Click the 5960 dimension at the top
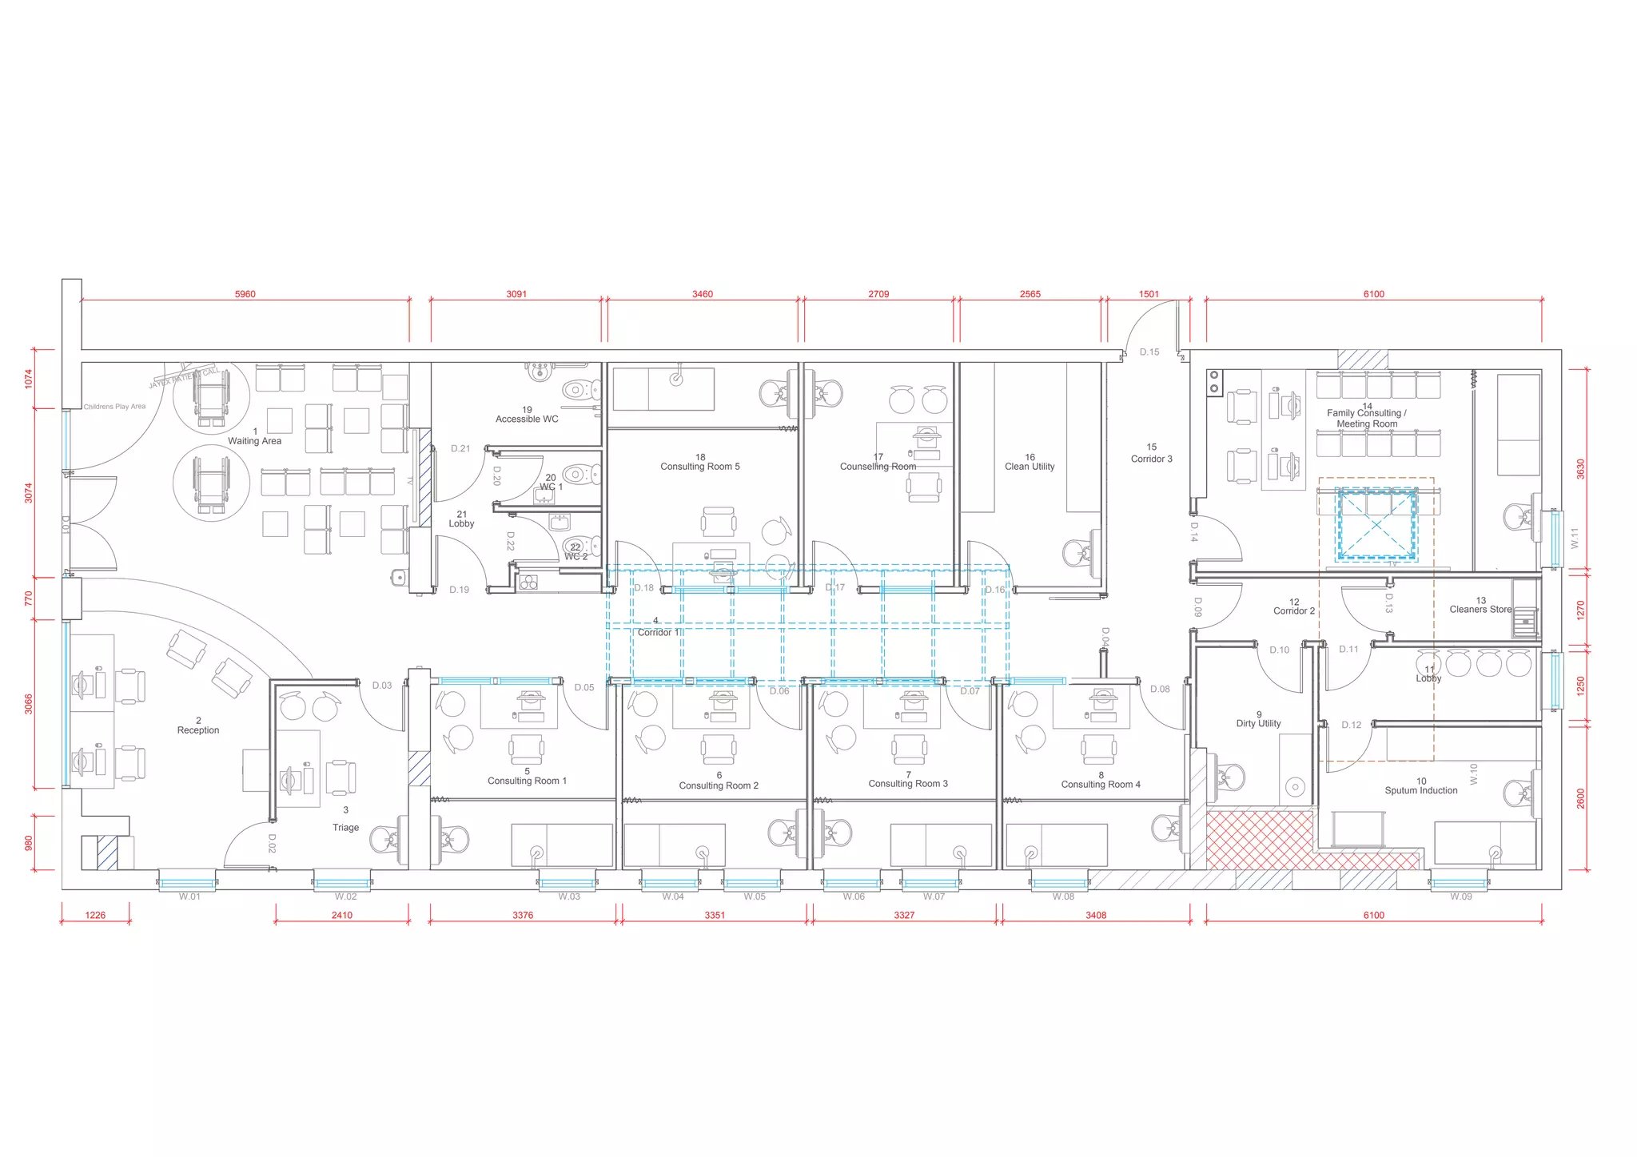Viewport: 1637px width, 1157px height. pos(245,294)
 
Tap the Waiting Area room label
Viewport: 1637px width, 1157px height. pos(254,440)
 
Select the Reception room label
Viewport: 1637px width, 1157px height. pos(198,730)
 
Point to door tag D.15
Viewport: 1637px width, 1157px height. pos(1149,352)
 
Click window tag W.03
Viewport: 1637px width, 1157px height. pos(569,897)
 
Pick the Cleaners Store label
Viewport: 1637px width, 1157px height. pos(1480,609)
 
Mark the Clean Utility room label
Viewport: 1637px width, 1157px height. pos(1030,466)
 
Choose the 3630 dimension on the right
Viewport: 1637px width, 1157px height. pos(1579,469)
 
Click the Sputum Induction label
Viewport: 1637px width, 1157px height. pos(1420,790)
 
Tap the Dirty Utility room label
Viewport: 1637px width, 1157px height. pos(1258,723)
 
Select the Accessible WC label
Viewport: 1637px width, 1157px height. pos(527,419)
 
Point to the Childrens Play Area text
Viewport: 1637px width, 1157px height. pos(115,407)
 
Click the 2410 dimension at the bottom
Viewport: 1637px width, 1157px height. pos(341,915)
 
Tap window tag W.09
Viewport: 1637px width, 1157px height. pos(1460,897)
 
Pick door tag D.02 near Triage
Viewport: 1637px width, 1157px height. pos(272,844)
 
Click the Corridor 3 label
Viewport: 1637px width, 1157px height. pos(1151,459)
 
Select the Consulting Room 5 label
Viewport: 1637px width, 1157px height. pos(699,466)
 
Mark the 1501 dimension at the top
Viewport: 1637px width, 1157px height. pos(1148,294)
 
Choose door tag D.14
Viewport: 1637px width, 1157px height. pos(1193,531)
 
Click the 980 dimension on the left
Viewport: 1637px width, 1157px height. pos(29,844)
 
